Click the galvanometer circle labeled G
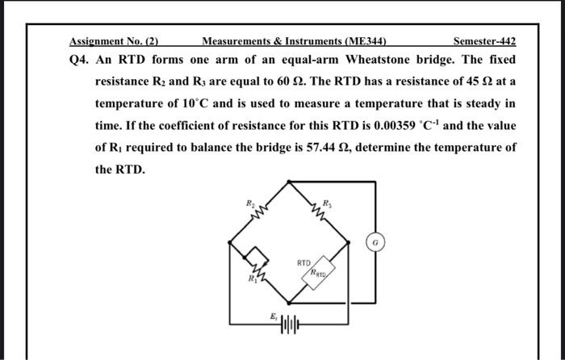(x=375, y=241)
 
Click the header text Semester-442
(x=484, y=41)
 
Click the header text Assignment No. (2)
(x=112, y=41)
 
